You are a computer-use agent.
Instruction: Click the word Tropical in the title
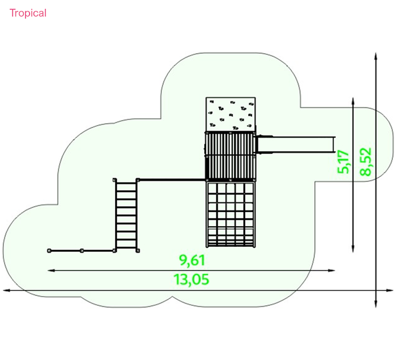(28, 13)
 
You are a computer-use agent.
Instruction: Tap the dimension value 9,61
(192, 260)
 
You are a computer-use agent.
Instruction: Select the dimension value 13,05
(191, 279)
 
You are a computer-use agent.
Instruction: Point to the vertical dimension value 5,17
(343, 161)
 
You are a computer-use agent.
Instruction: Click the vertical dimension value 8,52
(366, 161)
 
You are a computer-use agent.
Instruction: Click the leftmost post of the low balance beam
(49, 251)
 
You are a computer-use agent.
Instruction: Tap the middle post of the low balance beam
(82, 251)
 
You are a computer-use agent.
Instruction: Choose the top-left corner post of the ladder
(115, 180)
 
